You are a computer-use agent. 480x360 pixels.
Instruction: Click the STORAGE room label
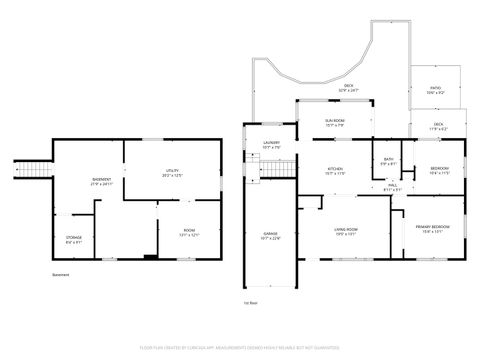coord(75,239)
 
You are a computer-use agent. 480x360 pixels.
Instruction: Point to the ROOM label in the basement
coord(189,232)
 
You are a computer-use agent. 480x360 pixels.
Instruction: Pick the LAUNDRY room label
coord(270,145)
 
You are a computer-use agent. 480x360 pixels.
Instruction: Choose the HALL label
coord(393,187)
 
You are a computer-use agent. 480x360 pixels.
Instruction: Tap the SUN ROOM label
coord(335,122)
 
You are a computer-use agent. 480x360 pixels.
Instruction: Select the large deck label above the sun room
coord(349,87)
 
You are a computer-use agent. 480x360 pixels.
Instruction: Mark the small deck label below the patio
coord(438,127)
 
